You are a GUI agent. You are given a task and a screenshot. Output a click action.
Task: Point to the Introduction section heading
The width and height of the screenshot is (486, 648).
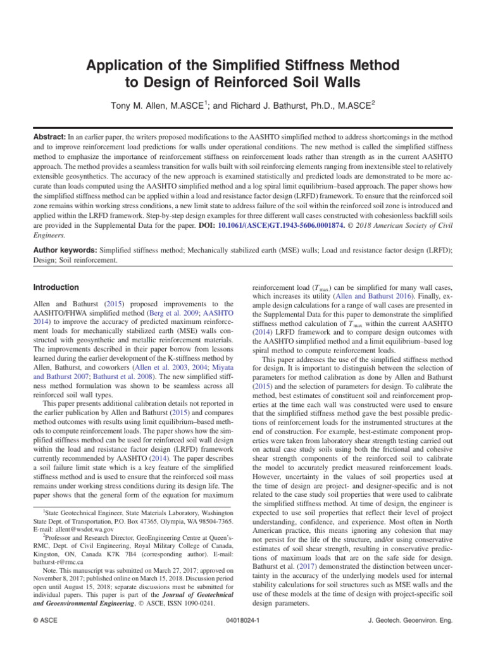click(56, 287)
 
